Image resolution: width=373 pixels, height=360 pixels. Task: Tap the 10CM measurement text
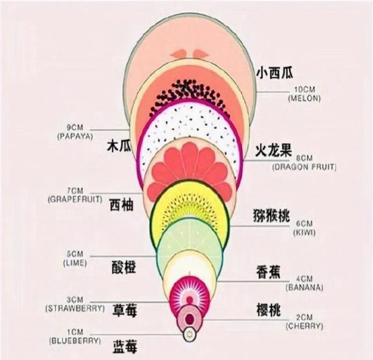[x=304, y=90]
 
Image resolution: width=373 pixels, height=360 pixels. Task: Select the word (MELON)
[x=304, y=100]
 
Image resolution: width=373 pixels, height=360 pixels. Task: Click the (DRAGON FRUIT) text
[x=304, y=167]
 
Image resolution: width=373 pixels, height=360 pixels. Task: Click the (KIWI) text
[x=304, y=232]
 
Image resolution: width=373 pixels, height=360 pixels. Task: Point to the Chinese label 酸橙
[x=124, y=267]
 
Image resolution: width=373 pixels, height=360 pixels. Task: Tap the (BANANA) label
[x=304, y=288]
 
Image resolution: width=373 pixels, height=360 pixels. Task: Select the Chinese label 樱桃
[x=269, y=310]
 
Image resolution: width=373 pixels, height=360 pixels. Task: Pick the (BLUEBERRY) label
[x=76, y=340]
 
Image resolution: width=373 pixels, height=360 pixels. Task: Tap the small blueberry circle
[x=188, y=334]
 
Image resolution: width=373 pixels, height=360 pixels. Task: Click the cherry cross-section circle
[x=189, y=317]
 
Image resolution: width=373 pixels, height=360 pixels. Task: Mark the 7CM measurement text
[x=75, y=191]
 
